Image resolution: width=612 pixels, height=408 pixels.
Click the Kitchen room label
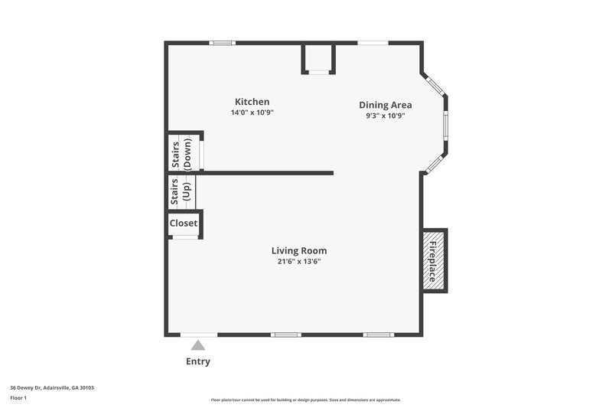[252, 102]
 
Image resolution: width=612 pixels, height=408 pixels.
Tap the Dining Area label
[386, 105]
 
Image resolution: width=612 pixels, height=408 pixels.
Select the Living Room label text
[299, 250]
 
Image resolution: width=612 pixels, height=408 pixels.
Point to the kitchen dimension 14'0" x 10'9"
[252, 113]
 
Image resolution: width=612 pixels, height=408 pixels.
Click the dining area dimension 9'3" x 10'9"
[386, 116]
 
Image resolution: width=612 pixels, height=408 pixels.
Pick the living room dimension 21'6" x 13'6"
[299, 261]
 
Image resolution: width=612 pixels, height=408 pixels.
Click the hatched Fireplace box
[433, 260]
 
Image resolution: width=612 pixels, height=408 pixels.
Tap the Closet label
[184, 223]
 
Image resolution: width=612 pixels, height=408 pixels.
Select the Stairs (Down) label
[181, 154]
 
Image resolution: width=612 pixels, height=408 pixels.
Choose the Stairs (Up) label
[181, 191]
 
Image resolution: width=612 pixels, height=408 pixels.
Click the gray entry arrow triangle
[198, 345]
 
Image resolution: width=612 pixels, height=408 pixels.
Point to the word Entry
[198, 361]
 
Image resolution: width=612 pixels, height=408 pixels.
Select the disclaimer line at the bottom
[305, 400]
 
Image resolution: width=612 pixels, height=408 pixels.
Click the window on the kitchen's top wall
[223, 43]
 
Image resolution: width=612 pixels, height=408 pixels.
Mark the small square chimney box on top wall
[318, 58]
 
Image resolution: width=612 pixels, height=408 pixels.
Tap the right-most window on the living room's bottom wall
[378, 335]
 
